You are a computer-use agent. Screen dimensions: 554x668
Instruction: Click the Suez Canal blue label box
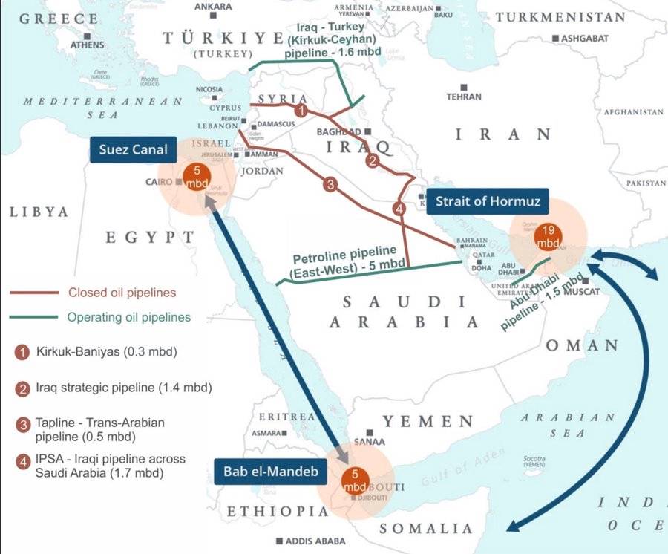coord(134,151)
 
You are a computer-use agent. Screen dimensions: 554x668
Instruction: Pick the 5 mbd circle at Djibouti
coord(356,481)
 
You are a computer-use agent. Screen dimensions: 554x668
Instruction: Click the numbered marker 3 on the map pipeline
coord(331,184)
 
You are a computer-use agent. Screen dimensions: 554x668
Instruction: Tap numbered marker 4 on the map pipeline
coord(399,209)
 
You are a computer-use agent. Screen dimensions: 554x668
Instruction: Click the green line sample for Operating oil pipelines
coord(33,317)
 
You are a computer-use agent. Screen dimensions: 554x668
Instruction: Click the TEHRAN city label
coord(464,97)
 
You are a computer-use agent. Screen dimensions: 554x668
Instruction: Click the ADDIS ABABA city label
coord(315,541)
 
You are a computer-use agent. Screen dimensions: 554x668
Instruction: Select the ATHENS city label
coord(87,45)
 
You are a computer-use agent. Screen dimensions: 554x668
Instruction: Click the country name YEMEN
coord(428,422)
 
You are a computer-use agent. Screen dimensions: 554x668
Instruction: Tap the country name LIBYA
coord(39,212)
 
